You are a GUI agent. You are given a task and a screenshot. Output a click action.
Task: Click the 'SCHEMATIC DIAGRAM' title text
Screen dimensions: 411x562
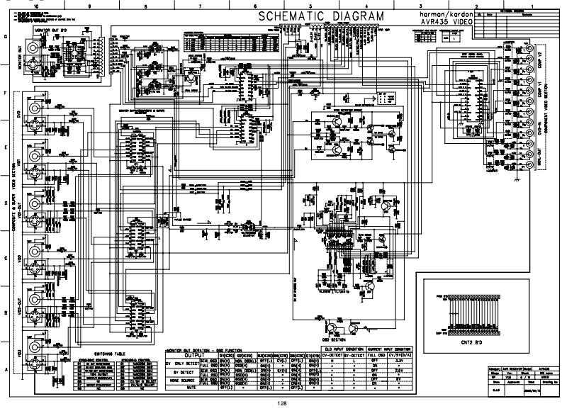(x=321, y=16)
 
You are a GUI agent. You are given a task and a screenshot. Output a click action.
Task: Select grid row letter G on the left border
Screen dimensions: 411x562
(x=6, y=37)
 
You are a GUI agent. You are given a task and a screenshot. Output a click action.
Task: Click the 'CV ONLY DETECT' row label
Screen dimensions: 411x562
(x=186, y=361)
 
